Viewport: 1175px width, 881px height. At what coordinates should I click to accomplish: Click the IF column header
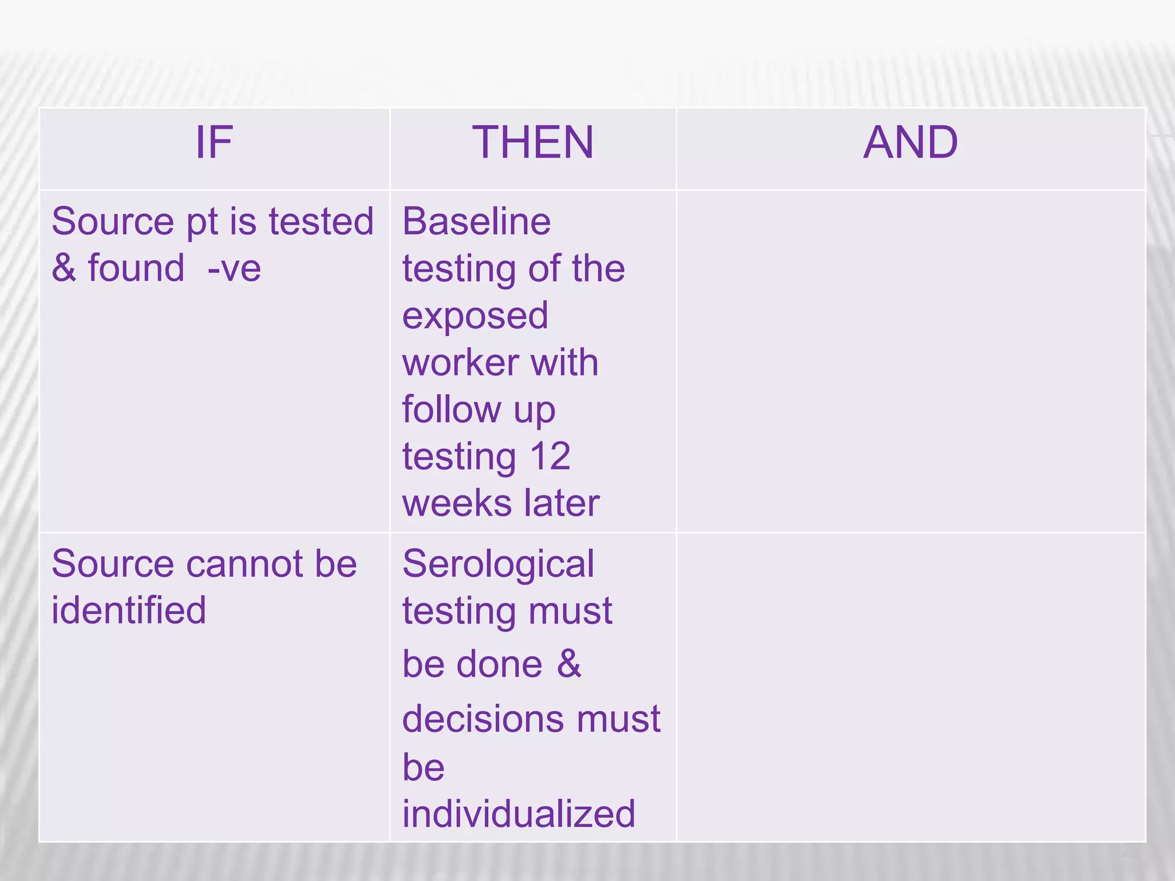214,143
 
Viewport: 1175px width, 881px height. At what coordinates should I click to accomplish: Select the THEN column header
532,143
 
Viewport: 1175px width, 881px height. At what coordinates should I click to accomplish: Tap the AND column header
911,143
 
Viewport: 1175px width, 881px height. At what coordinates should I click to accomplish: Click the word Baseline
476,222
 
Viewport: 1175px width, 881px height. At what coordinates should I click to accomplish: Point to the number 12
550,457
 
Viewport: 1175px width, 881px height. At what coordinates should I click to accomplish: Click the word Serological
498,564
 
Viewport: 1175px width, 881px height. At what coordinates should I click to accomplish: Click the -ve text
234,268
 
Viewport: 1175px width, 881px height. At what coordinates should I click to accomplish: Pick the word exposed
475,316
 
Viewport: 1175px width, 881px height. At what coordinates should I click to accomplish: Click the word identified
129,610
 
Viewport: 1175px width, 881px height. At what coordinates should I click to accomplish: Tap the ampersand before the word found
64,268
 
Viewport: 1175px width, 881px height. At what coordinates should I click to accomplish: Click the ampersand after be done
569,664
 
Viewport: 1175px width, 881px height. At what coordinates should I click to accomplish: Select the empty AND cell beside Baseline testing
911,361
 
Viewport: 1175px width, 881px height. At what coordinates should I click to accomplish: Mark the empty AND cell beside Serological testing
911,687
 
